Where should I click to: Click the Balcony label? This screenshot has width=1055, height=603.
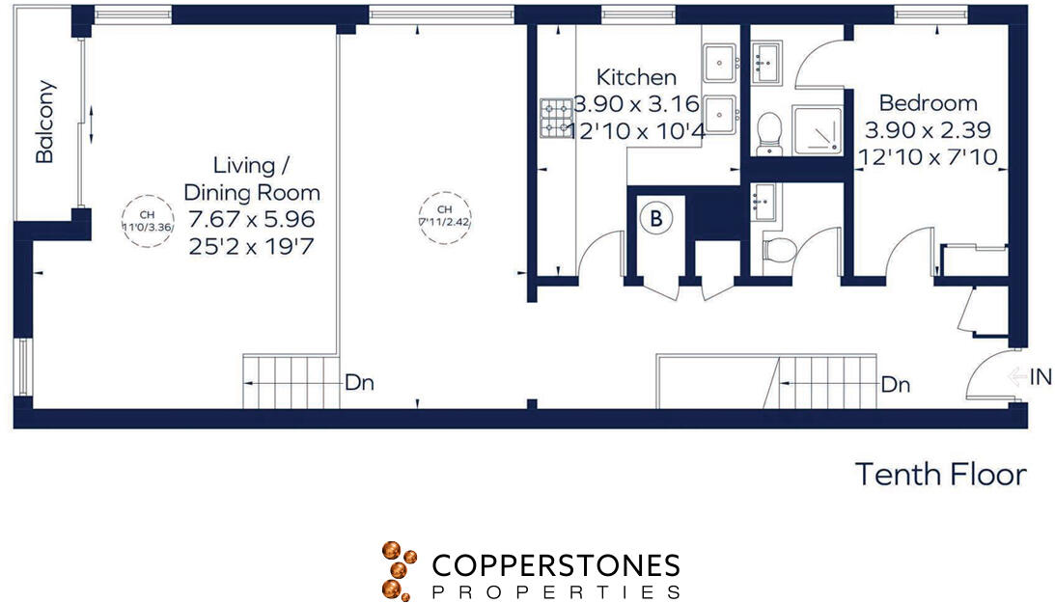click(x=44, y=122)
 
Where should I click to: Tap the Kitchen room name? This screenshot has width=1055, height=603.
click(x=636, y=77)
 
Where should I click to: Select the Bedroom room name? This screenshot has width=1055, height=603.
click(x=928, y=102)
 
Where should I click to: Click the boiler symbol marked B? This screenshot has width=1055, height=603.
click(x=656, y=219)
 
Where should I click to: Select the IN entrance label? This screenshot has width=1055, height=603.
click(x=1041, y=377)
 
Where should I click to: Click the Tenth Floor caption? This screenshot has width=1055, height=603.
click(x=940, y=475)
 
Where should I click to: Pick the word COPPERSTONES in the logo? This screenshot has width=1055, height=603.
click(x=555, y=565)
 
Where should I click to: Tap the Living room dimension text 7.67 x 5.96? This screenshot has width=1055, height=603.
click(x=252, y=218)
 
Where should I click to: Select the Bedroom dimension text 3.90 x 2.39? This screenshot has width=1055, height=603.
click(x=928, y=129)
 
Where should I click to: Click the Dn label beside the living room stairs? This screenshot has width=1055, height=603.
click(x=359, y=383)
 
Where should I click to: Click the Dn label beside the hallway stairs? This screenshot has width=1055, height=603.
click(x=896, y=385)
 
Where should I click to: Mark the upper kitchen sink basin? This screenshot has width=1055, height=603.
click(x=719, y=65)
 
